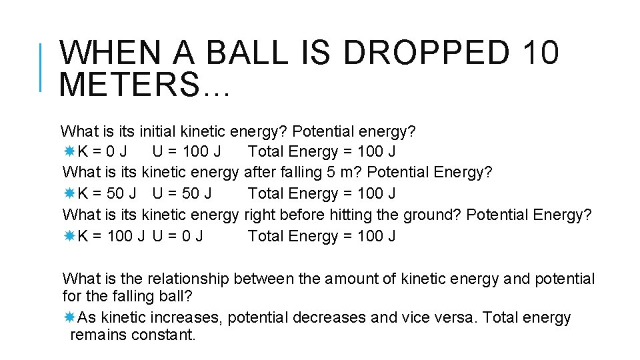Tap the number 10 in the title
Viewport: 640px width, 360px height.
pos(541,53)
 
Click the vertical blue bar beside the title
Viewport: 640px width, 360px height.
pos(42,67)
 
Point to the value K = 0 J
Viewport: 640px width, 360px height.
pos(103,152)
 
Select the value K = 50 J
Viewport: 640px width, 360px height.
pos(107,194)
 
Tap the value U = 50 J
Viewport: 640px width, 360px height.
pos(182,194)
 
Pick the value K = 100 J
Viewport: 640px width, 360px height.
pos(111,236)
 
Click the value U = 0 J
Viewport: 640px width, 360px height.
pos(178,236)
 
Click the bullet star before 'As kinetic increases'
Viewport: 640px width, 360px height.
pos(69,317)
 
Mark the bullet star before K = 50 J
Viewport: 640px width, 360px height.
pos(69,194)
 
